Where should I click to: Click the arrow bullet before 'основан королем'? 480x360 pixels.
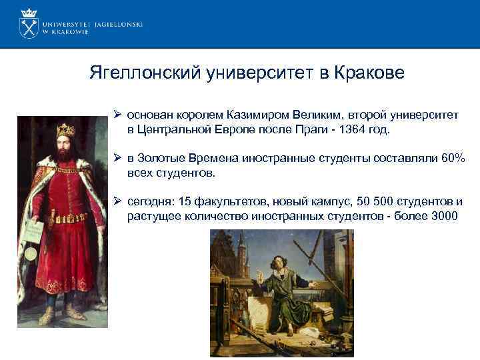[117, 115]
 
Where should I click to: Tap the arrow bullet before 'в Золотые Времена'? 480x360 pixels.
[117, 159]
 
